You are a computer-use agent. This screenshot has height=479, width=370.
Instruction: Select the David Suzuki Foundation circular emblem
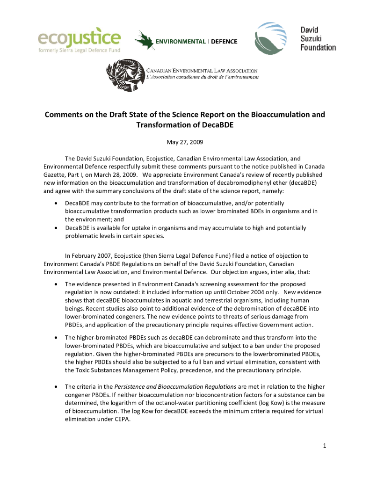pyautogui.click(x=270, y=38)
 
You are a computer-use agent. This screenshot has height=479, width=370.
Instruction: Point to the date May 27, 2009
pyautogui.click(x=185, y=141)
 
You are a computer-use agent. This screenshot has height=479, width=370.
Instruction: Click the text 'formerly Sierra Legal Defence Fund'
pyautogui.click(x=79, y=50)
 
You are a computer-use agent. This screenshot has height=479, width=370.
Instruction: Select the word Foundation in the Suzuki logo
pyautogui.click(x=318, y=47)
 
